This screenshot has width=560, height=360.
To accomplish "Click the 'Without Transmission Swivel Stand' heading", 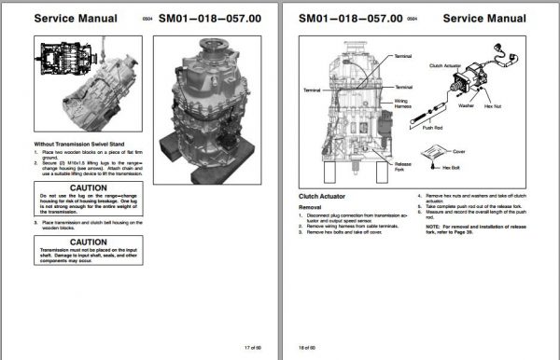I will [77, 145].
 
